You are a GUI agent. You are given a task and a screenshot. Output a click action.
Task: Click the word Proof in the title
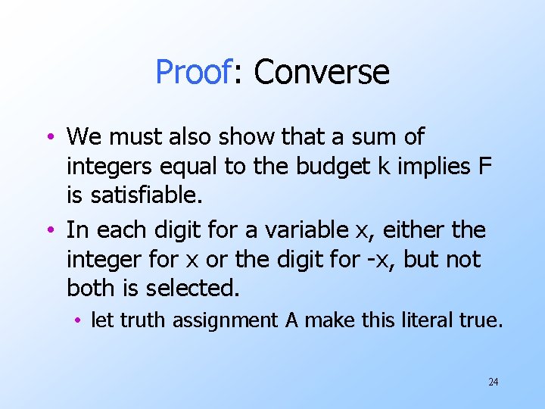coord(192,73)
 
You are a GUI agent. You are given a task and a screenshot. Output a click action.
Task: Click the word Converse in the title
coord(322,73)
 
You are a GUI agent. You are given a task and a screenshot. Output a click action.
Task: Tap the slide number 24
coord(494,382)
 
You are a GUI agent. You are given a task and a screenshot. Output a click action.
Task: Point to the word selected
coord(201,289)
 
